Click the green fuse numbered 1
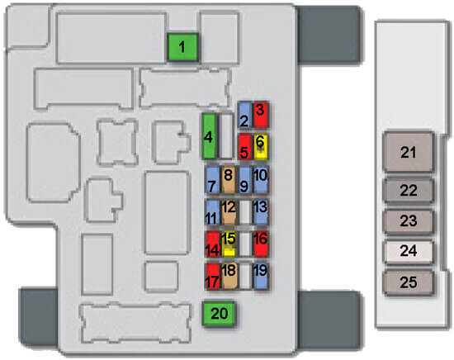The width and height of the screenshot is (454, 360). pos(182,47)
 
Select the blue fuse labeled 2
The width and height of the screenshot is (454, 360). pos(244,115)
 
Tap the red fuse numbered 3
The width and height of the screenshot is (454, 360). pos(260,115)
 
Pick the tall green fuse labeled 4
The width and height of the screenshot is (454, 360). pos(209,136)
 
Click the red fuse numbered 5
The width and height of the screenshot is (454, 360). pos(244,146)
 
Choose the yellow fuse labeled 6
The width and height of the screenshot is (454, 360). pos(261,146)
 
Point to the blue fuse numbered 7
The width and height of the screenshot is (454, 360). pos(212,180)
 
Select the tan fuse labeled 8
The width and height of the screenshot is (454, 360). pos(229,180)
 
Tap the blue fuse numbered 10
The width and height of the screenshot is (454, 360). pos(261,180)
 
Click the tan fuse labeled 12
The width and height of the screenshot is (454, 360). pos(229,212)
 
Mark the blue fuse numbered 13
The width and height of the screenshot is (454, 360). pos(261,212)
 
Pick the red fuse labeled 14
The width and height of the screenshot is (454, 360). pos(212,244)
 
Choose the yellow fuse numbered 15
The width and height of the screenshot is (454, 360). pos(229,244)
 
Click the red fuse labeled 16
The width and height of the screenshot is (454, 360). pos(261,244)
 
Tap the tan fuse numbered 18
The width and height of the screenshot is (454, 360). pos(229,276)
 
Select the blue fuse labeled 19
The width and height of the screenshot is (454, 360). pos(261,276)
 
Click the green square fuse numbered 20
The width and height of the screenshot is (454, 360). pos(219,314)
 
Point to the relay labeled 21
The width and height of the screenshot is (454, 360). pos(409,152)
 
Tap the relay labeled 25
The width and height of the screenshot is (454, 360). pos(409,282)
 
